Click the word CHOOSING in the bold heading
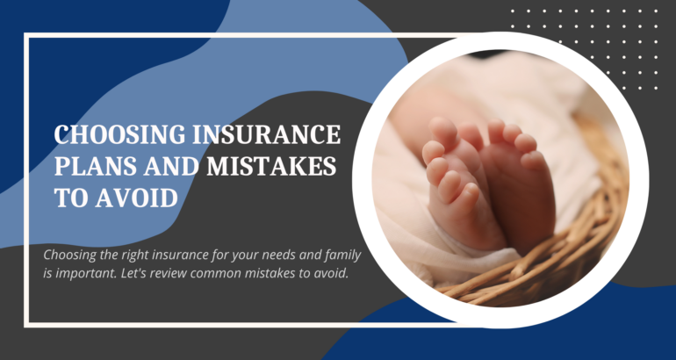click(x=119, y=134)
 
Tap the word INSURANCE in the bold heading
click(x=266, y=134)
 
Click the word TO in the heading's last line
click(x=71, y=198)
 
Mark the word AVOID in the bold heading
click(x=137, y=198)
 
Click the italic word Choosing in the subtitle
click(x=64, y=256)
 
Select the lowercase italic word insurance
click(x=161, y=255)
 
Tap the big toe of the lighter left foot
click(x=442, y=128)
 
